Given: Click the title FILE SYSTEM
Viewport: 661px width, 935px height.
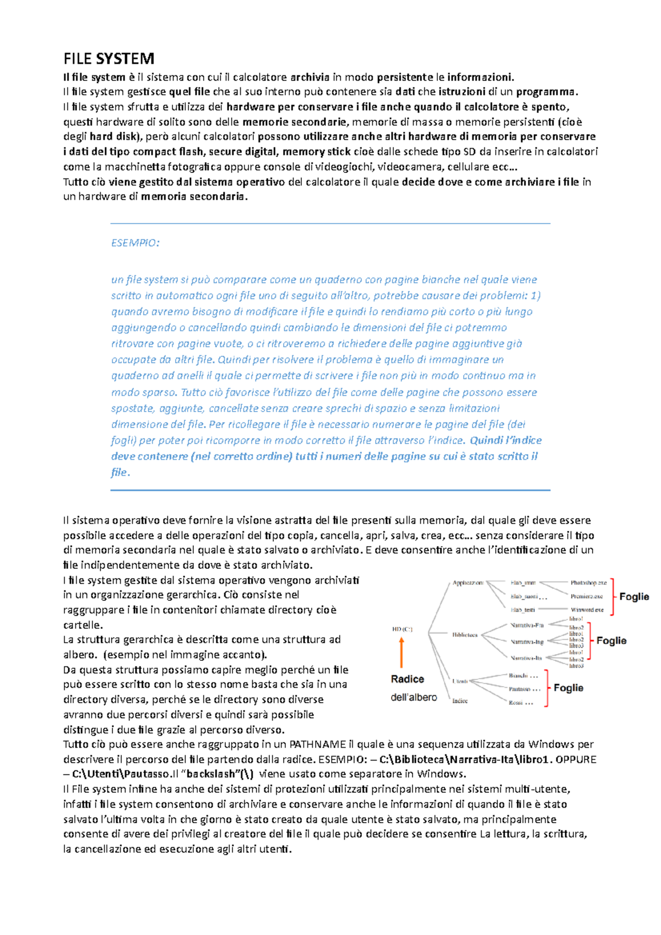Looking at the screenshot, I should [109, 58].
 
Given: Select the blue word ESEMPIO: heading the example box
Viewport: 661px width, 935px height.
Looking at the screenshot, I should [135, 243].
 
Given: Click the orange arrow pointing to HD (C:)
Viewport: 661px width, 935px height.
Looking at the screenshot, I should [402, 653].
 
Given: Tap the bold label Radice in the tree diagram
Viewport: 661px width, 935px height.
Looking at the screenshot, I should [407, 679].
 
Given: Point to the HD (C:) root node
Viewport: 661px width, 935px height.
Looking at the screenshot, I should [402, 629].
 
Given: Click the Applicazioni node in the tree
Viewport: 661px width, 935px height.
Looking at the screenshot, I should [468, 583].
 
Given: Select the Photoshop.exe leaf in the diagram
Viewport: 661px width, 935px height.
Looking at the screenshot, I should [588, 583].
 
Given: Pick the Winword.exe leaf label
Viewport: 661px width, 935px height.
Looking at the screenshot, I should [587, 610].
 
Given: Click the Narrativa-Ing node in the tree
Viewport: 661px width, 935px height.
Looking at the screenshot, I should [527, 642].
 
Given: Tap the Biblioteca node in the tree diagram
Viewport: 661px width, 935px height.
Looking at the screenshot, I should [465, 635].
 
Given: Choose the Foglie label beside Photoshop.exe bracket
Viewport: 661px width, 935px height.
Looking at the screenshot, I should [634, 596].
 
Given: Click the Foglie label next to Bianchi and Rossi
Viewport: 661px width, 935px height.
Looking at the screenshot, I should [568, 688].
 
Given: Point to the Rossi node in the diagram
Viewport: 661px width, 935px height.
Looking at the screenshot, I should [520, 703].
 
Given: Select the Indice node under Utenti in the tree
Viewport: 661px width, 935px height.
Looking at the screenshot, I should [460, 701].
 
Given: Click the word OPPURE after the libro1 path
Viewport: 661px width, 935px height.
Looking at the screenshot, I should [576, 759].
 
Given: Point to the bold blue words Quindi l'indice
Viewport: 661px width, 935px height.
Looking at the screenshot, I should [505, 441].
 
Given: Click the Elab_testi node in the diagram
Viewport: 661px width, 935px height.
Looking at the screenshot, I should [522, 610].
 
